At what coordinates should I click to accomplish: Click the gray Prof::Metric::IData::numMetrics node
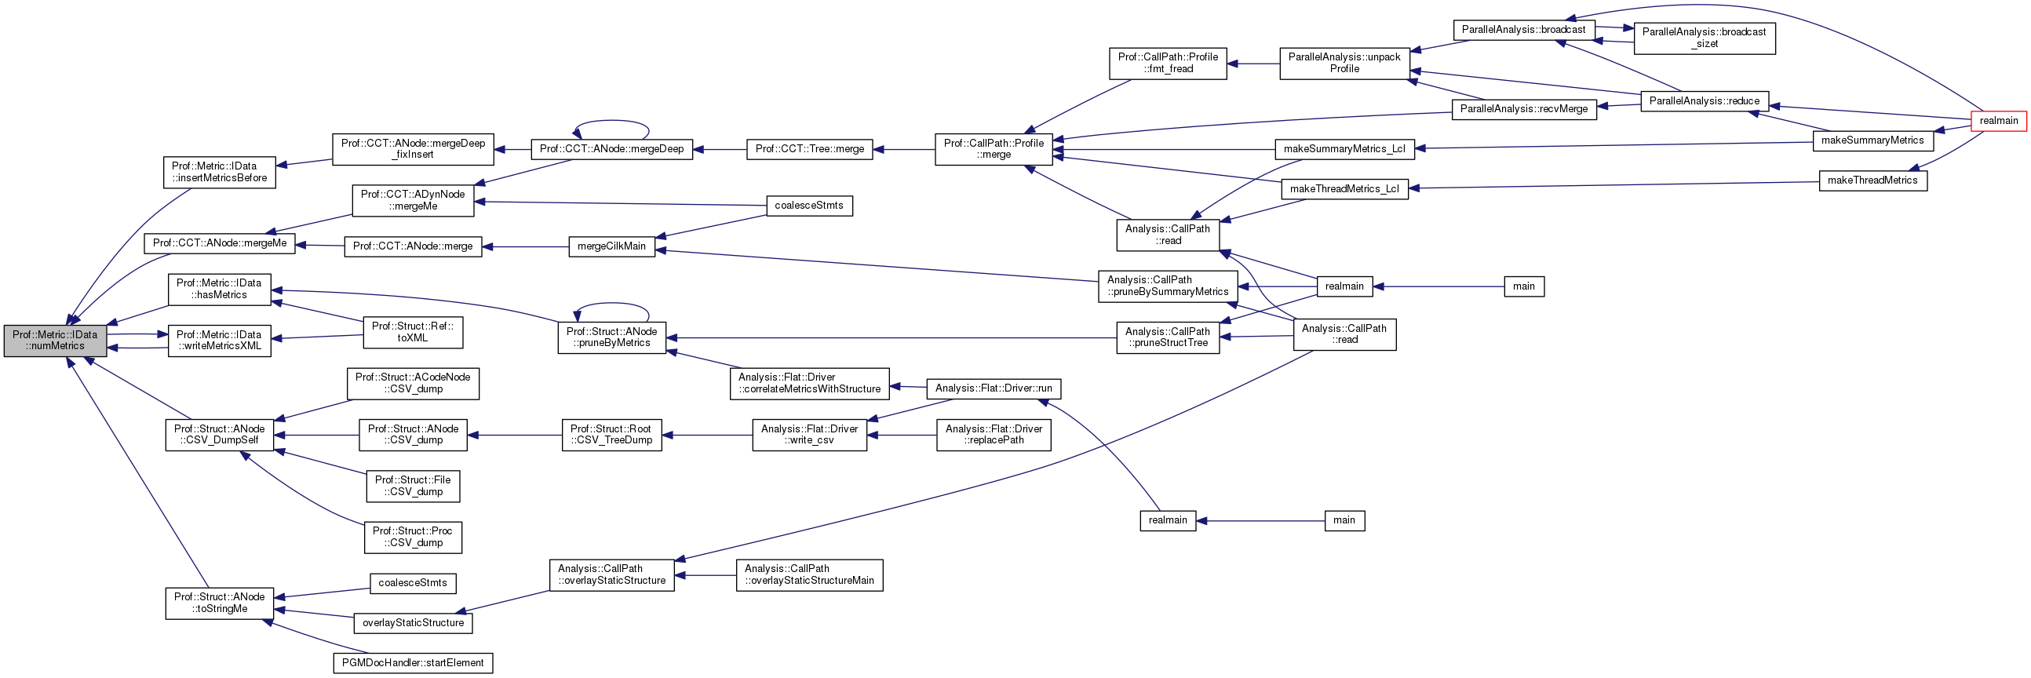coord(55,341)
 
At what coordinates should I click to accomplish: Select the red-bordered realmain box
coord(1998,121)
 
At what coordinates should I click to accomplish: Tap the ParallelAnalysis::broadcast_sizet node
coord(1704,38)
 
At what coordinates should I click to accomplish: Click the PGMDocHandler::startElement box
coord(413,663)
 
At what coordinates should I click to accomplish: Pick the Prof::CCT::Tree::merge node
coord(809,149)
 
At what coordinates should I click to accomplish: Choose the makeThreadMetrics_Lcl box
coord(1344,189)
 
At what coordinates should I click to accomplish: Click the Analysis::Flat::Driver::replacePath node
coord(994,436)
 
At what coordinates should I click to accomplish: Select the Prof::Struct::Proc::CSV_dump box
coord(412,537)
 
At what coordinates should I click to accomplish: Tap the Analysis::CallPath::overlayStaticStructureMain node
coord(809,574)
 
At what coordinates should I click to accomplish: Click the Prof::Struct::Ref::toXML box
coord(412,332)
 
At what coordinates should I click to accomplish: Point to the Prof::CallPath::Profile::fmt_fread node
coord(1168,63)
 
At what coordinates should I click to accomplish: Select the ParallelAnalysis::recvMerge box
coord(1523,109)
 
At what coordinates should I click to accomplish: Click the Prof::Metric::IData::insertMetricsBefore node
coord(219,172)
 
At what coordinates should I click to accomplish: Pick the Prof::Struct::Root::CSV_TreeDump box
coord(611,436)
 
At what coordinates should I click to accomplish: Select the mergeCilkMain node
coord(611,246)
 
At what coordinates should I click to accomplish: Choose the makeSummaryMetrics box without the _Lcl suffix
coord(1872,140)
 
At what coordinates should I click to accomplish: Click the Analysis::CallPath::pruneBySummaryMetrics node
coord(1167,286)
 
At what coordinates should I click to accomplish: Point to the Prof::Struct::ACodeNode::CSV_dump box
coord(412,383)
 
